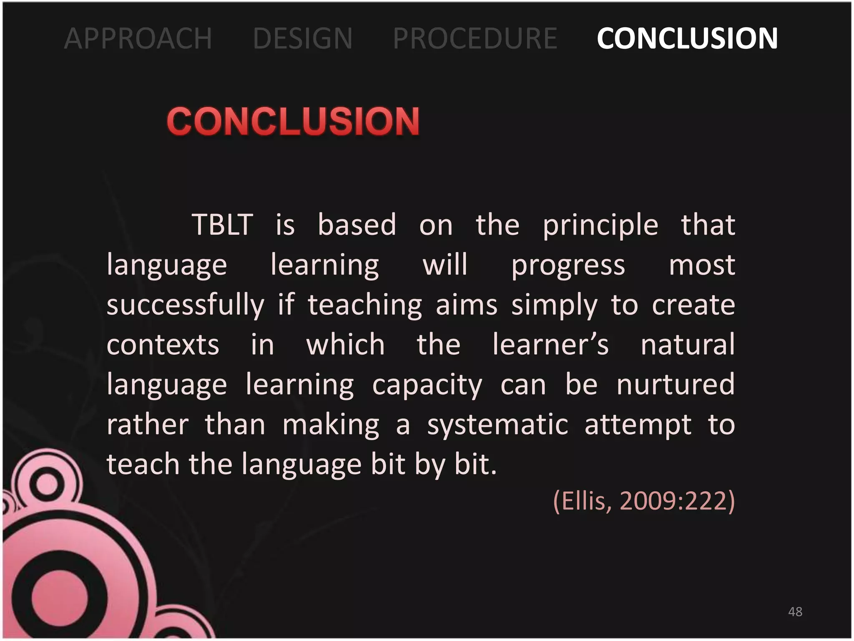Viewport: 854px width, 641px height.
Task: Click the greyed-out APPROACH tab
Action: (x=138, y=38)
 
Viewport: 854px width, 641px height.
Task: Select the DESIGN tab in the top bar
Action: (x=303, y=38)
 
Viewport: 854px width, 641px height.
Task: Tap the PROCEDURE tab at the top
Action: (x=475, y=38)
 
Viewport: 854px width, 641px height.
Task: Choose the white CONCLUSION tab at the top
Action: (x=687, y=38)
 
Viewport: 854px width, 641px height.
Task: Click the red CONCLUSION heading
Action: (x=293, y=121)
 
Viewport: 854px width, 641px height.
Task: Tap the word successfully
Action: (x=186, y=305)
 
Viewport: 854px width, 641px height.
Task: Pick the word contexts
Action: (x=163, y=345)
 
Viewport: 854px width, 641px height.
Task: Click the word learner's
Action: (x=550, y=345)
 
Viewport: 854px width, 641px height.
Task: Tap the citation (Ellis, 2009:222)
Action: (x=644, y=501)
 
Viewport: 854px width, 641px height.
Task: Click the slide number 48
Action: (x=795, y=612)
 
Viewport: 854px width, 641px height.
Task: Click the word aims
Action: (x=467, y=305)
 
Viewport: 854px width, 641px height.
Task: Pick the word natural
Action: (x=688, y=345)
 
